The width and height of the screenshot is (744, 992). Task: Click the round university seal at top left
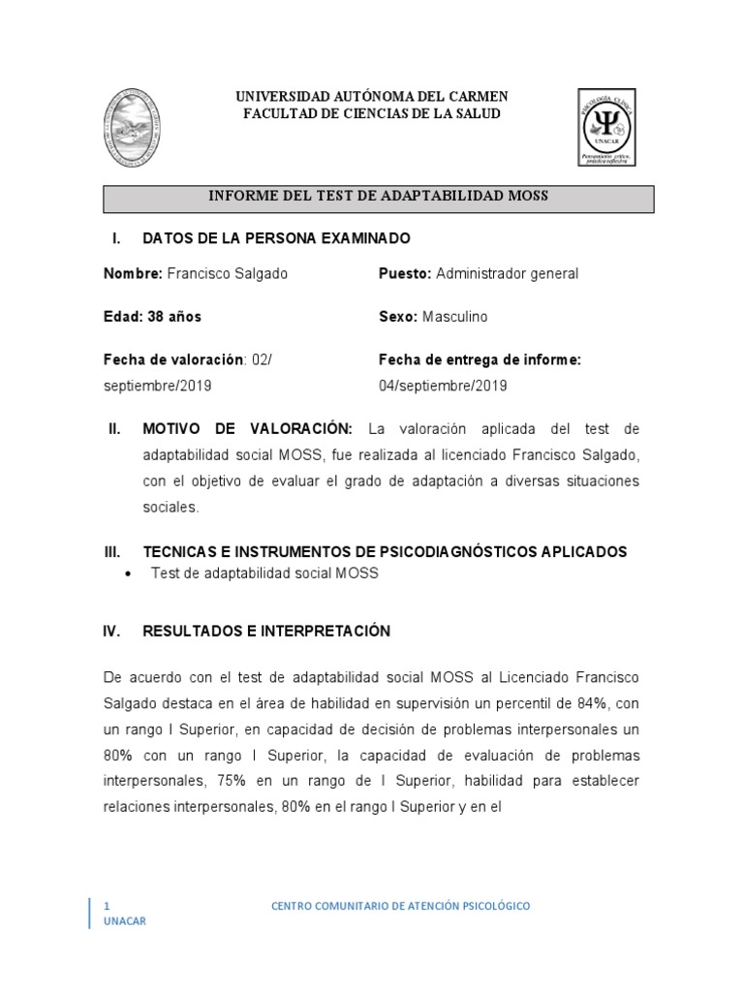[x=131, y=127]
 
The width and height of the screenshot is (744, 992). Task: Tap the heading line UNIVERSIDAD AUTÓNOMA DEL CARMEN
[x=373, y=97]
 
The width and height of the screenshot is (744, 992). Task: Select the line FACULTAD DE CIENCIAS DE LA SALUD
[x=373, y=114]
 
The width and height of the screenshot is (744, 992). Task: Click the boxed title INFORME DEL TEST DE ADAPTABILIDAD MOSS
[x=379, y=197]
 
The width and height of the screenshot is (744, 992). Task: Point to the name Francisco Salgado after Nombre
[x=228, y=274]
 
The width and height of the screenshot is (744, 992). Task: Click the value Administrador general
[x=507, y=274]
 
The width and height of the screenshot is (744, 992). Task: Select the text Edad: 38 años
[x=152, y=317]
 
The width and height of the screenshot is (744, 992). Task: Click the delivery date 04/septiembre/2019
[x=443, y=386]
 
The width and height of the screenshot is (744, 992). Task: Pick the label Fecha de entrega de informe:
[x=480, y=360]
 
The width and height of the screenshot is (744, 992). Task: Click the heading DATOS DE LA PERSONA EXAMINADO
[x=276, y=238]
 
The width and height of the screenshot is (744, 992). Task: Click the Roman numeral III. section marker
[x=111, y=552]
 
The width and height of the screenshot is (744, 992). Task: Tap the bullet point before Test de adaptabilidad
[x=130, y=574]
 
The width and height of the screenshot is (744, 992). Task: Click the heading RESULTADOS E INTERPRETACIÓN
[x=265, y=632]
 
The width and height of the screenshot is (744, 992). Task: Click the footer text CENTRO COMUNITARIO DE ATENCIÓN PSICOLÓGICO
[x=400, y=906]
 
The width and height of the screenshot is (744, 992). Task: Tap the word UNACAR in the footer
[x=125, y=921]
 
